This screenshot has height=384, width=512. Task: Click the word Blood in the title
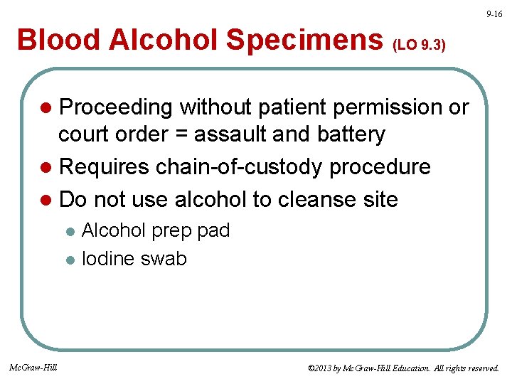57,41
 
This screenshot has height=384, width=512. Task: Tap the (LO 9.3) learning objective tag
420,45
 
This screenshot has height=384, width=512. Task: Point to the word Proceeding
116,107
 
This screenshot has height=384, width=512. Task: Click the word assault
229,134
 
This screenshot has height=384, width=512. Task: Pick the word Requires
105,167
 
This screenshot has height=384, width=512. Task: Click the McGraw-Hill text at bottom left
34,368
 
